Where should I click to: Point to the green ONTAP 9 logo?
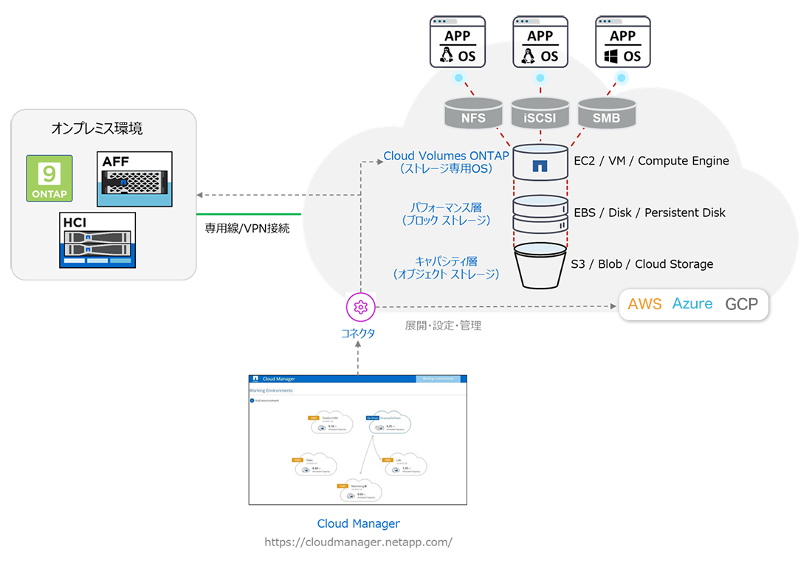click(49, 178)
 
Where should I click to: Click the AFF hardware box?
click(134, 179)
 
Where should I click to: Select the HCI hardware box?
click(97, 240)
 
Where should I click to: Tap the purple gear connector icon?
click(360, 306)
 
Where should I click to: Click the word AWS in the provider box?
click(644, 304)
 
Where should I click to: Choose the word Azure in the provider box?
click(692, 304)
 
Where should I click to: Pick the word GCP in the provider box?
click(741, 304)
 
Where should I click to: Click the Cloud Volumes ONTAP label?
click(446, 156)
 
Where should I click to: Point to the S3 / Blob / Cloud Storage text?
click(642, 264)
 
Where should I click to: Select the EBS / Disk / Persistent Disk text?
click(650, 213)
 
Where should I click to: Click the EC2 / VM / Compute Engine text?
click(651, 161)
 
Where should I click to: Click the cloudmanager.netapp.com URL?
click(358, 542)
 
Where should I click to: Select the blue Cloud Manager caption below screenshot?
click(358, 523)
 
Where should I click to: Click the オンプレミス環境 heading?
click(97, 128)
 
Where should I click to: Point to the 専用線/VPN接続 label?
click(247, 228)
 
